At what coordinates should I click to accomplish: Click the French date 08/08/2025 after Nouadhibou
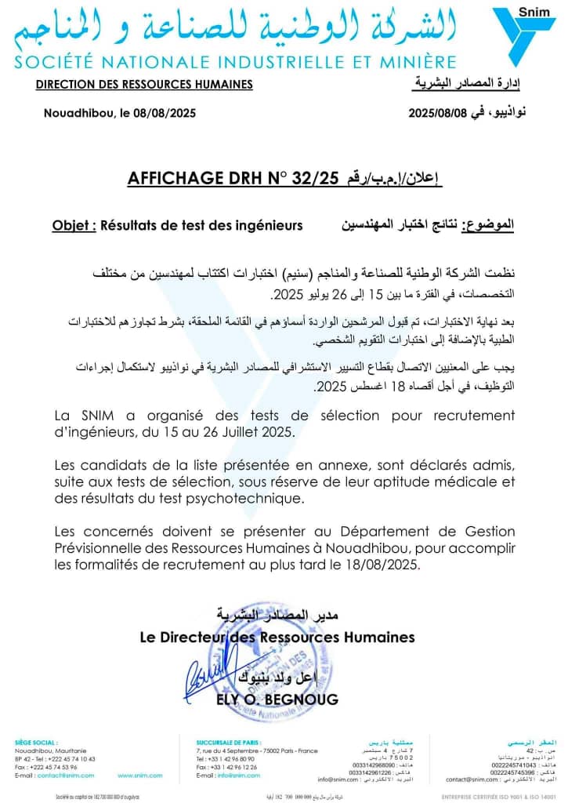point(165,113)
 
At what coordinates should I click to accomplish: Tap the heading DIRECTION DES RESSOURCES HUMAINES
point(145,85)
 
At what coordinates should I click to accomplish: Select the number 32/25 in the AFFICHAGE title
point(309,179)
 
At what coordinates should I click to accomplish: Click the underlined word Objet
point(74,226)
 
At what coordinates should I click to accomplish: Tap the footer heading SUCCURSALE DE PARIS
point(229,741)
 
